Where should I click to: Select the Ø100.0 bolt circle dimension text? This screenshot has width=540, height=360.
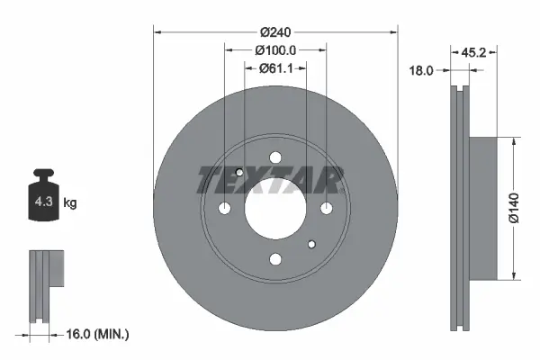click(275, 49)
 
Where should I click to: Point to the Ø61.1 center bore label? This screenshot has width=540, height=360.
click(275, 68)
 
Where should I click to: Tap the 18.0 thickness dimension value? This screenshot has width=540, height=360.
click(421, 68)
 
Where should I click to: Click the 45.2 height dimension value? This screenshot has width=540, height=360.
click(473, 52)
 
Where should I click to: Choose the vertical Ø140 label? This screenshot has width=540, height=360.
click(513, 207)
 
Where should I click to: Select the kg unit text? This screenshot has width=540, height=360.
click(70, 203)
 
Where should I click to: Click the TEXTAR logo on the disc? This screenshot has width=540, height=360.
click(270, 180)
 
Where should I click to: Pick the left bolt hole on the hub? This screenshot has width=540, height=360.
click(224, 209)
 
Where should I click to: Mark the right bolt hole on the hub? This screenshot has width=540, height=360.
click(327, 209)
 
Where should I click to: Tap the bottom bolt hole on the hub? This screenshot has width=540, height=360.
click(275, 260)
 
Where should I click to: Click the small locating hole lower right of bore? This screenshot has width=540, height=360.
click(311, 244)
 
